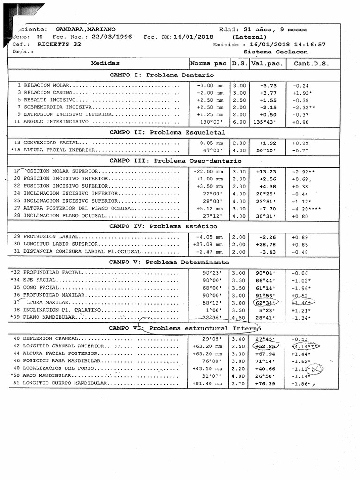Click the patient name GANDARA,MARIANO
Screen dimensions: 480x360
point(85,29)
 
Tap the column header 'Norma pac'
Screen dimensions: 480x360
point(208,63)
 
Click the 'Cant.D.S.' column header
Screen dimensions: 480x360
point(311,63)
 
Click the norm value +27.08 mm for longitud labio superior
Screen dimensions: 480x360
point(208,244)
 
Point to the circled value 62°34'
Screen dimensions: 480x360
point(265,303)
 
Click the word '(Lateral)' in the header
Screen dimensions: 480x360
point(249,37)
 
